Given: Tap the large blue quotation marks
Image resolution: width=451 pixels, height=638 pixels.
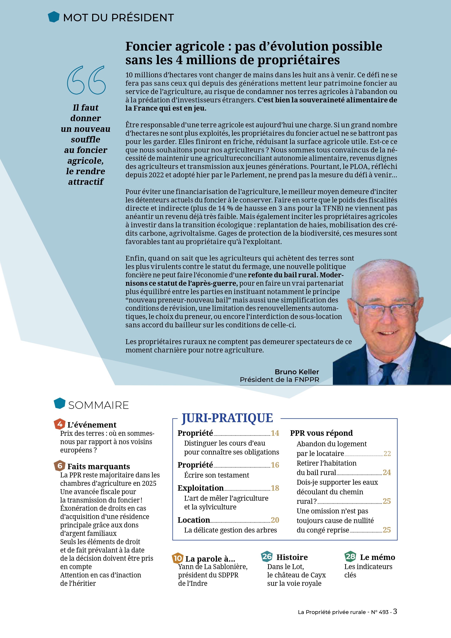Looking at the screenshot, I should point(86,80).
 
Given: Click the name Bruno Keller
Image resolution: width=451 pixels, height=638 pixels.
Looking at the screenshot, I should point(297,372).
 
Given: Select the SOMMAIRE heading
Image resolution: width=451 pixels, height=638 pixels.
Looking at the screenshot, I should point(98,405).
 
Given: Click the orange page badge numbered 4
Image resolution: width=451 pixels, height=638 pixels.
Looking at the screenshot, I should point(59,424).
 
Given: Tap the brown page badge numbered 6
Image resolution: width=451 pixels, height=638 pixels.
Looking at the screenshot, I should point(59,466).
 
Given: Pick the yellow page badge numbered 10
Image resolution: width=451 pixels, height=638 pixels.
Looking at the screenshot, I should point(177,558).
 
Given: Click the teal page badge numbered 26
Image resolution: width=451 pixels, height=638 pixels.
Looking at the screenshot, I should point(267,557).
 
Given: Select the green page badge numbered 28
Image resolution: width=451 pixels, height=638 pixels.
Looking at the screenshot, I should point(350,557).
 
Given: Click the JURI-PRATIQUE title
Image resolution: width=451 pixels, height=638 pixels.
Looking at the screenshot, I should point(227,418).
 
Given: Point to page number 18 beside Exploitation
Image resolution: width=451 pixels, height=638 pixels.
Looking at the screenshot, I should point(275,488).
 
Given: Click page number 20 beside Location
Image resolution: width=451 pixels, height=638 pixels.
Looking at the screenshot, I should point(275,520).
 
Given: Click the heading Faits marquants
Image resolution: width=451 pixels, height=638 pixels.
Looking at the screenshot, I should point(99,466).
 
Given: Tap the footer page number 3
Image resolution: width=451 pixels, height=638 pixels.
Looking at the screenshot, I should point(395,611).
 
